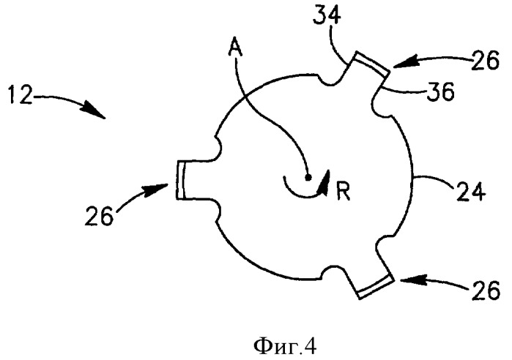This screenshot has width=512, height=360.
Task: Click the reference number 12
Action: [21, 95]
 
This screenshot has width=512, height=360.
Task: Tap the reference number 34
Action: [327, 15]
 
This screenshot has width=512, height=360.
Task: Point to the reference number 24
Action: [471, 191]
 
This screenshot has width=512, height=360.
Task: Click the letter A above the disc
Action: [236, 48]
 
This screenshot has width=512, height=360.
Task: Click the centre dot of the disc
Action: [307, 177]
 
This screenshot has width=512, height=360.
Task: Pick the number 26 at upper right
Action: [485, 60]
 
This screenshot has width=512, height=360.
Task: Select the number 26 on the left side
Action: [99, 216]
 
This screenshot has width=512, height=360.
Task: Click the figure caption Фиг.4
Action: [285, 346]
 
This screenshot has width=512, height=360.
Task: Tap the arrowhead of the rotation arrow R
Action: [324, 183]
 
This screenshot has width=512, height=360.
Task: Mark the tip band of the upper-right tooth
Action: [371, 63]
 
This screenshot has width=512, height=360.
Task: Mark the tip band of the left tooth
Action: [181, 180]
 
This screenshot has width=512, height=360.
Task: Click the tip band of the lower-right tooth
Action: [376, 287]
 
